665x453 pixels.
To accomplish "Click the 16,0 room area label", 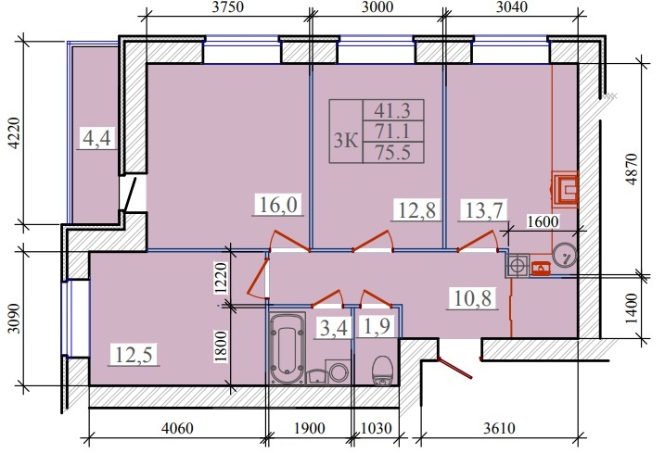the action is [274, 205].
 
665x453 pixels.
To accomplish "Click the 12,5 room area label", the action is [131, 353].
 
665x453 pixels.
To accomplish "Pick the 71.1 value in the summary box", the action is [393, 131].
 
